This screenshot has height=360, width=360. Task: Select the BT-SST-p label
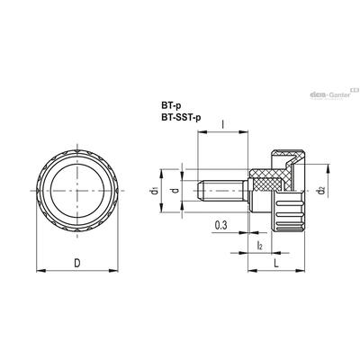(x=181, y=117)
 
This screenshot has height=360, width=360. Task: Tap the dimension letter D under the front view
(x=77, y=263)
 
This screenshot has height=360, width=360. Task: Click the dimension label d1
(x=154, y=191)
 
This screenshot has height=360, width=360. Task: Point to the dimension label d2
(x=321, y=190)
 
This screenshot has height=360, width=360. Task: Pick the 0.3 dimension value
(x=220, y=225)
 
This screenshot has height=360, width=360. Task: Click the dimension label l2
(x=260, y=246)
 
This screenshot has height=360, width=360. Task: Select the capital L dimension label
(x=276, y=264)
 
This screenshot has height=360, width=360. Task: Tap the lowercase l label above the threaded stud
(x=222, y=124)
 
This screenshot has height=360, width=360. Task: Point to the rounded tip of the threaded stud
(x=199, y=191)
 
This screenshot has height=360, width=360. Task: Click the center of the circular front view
(x=77, y=191)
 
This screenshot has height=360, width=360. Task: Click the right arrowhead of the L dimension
(x=301, y=271)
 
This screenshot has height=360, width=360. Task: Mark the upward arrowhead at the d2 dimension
(x=329, y=169)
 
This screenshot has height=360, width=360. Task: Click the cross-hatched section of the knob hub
(x=267, y=181)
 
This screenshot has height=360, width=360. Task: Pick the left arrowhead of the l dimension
(x=202, y=131)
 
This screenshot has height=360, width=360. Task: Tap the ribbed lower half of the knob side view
(x=288, y=211)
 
